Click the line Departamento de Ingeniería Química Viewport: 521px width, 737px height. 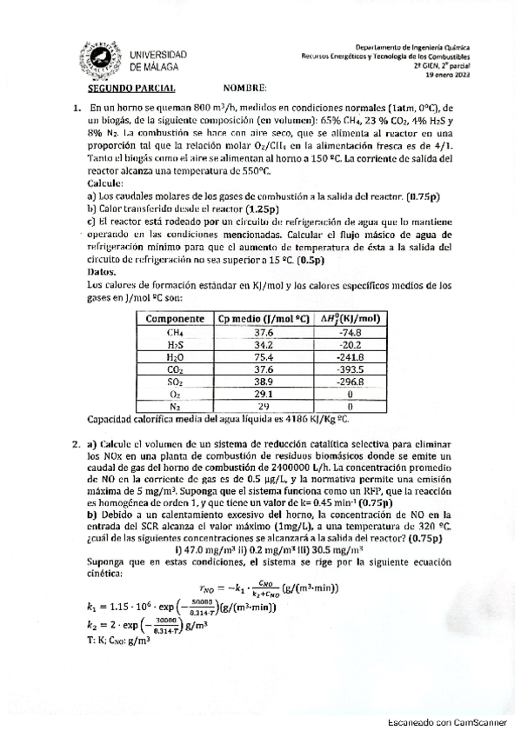pos(431,46)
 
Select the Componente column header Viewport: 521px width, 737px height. pos(175,318)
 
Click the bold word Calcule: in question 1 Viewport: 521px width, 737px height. pos(106,185)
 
